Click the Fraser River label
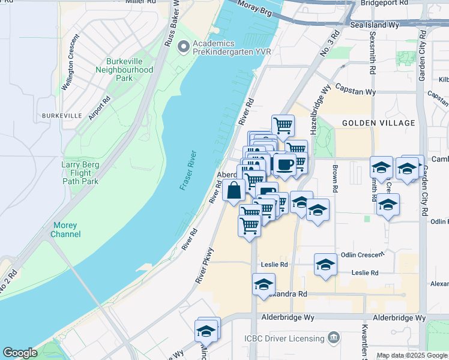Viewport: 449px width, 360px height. (x=189, y=170)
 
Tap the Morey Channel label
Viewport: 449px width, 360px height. (x=66, y=230)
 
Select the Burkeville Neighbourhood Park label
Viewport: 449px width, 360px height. (x=125, y=70)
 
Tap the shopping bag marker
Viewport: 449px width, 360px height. (x=234, y=191)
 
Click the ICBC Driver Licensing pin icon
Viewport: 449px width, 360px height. (x=335, y=338)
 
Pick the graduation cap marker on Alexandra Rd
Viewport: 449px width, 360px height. (x=264, y=286)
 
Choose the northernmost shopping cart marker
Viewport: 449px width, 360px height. (x=283, y=126)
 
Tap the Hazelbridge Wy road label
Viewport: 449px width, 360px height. (x=318, y=110)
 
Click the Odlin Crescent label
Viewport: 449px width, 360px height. (x=362, y=254)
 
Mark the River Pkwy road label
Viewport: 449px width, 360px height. (x=204, y=265)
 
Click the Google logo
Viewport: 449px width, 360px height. (x=20, y=353)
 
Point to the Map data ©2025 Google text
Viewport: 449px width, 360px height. (x=412, y=355)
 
